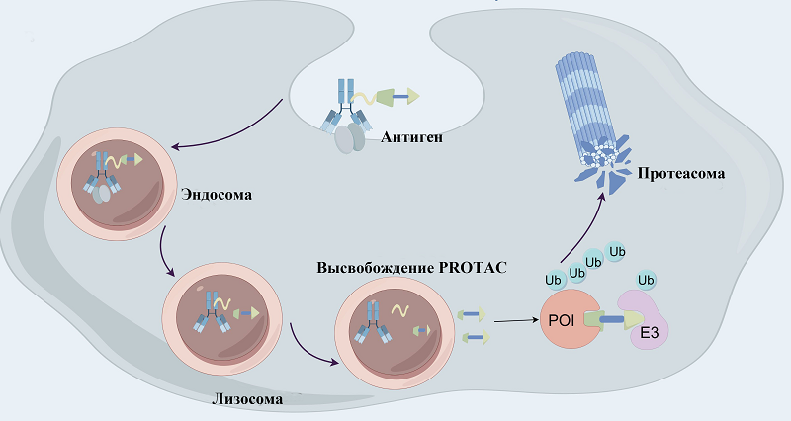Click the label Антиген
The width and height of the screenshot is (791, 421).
pyautogui.click(x=410, y=137)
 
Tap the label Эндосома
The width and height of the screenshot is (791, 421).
pyautogui.click(x=216, y=194)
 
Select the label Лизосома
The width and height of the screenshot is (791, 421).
pyautogui.click(x=247, y=399)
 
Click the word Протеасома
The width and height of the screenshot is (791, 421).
pyautogui.click(x=681, y=174)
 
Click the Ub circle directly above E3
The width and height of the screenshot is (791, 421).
pyautogui.click(x=647, y=280)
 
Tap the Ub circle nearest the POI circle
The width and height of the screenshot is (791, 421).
pyautogui.click(x=556, y=279)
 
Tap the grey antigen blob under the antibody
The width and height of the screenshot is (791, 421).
pyautogui.click(x=347, y=139)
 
